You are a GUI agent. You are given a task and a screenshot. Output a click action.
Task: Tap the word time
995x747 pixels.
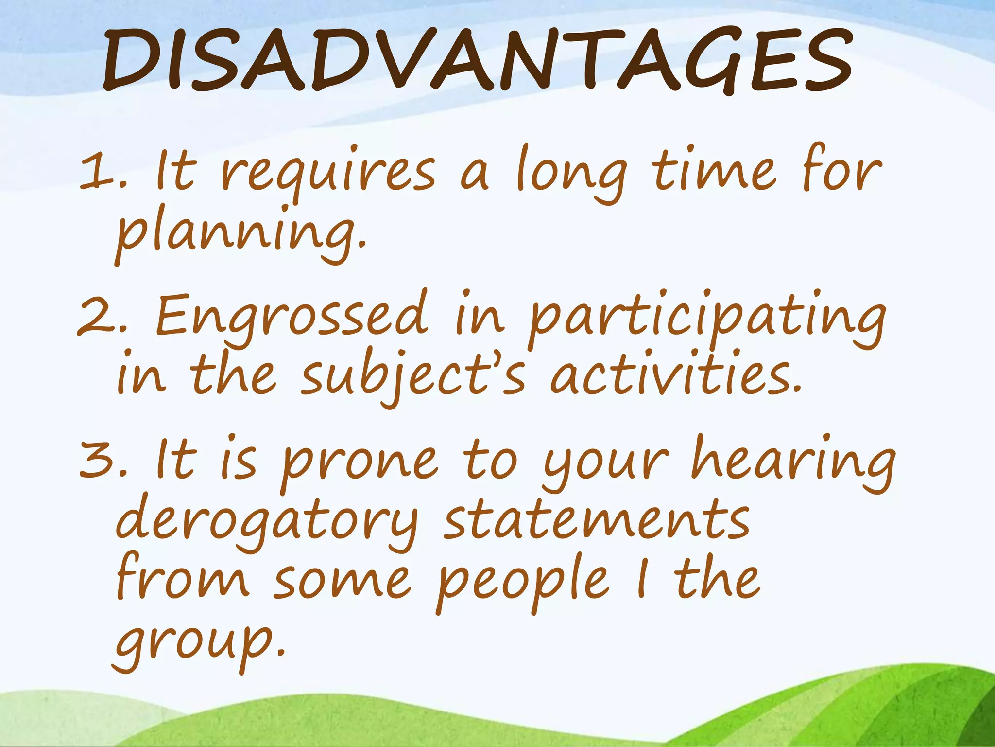[x=714, y=170]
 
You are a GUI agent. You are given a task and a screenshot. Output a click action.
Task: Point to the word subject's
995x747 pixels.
[x=413, y=377]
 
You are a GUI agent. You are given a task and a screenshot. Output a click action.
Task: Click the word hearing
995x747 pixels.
[x=792, y=462]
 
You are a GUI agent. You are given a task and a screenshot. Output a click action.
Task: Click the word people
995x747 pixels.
[x=522, y=584]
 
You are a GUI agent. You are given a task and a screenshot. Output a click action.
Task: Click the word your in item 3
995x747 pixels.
[x=605, y=464]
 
